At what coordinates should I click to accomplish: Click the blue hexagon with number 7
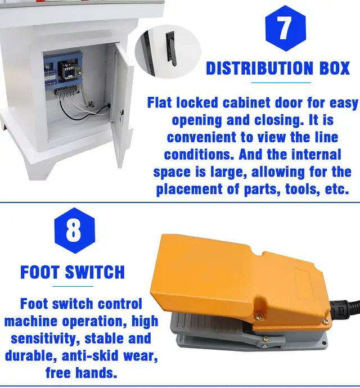click(286, 28)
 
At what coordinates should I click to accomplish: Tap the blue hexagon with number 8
click(74, 231)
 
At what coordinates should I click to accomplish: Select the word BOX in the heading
click(335, 68)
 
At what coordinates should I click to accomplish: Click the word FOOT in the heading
click(40, 272)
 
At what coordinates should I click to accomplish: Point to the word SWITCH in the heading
click(95, 272)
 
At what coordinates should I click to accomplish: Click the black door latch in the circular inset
click(171, 49)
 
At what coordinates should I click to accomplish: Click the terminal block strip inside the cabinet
click(66, 91)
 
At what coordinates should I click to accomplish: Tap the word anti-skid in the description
click(90, 356)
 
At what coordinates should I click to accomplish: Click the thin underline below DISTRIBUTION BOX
click(281, 83)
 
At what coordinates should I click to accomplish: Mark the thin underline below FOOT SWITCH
click(73, 287)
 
